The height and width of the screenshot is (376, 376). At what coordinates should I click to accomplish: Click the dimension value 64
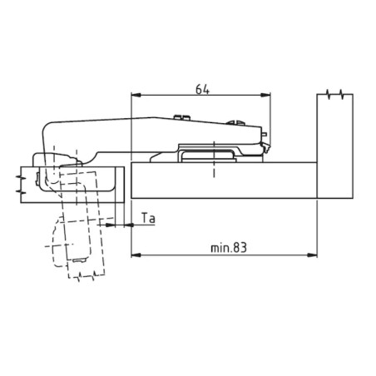pos(203,89)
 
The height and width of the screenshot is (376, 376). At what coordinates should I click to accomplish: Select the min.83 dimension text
pos(229,248)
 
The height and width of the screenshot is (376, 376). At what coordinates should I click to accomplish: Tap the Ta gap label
pos(148,218)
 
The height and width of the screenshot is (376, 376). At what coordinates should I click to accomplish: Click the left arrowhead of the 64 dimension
pos(136,95)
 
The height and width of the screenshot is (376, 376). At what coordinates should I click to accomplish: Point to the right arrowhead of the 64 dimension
pos(265,95)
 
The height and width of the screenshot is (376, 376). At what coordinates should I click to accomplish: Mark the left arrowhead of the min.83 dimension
pos(136,255)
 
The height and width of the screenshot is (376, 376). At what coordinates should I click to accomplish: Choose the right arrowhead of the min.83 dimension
pos(312,255)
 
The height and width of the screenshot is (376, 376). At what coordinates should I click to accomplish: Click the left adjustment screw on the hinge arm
pos(181,117)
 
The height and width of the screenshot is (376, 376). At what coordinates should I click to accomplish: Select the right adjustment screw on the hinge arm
pos(235,121)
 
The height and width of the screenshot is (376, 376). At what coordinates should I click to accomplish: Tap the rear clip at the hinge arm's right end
pos(266,147)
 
